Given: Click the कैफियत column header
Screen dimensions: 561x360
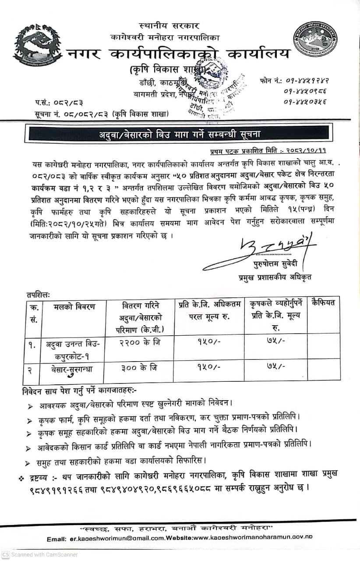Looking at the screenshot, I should tap(323, 303).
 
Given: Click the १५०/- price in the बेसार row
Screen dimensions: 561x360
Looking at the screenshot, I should tap(208, 367).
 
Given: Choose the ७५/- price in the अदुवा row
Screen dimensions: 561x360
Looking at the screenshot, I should tap(275, 341).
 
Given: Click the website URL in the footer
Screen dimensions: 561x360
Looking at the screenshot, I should tap(250, 539).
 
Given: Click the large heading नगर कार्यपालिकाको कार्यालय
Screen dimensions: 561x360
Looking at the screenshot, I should tap(178, 54).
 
